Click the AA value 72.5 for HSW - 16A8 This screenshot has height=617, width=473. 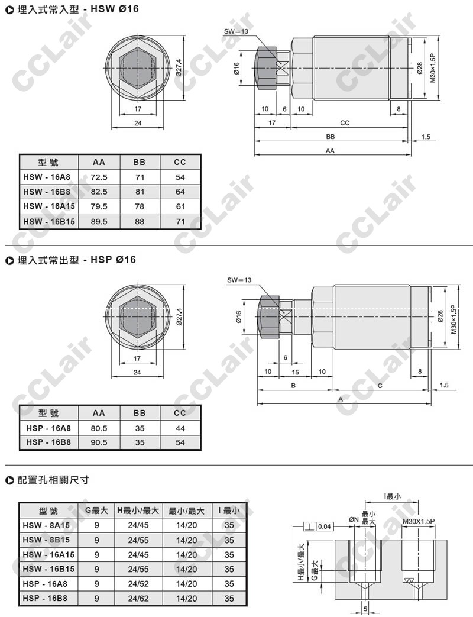99,177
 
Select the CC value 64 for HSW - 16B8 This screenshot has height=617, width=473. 180,192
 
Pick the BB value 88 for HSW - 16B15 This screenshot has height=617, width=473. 140,221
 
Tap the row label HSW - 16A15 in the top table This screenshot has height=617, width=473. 48,206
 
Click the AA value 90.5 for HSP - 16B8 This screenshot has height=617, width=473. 99,442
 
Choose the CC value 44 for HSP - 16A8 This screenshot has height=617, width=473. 180,428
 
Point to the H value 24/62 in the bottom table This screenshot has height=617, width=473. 138,599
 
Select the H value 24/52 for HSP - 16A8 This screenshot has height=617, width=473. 138,584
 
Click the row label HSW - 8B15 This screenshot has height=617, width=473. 46,540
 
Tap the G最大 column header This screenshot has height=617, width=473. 96,511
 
